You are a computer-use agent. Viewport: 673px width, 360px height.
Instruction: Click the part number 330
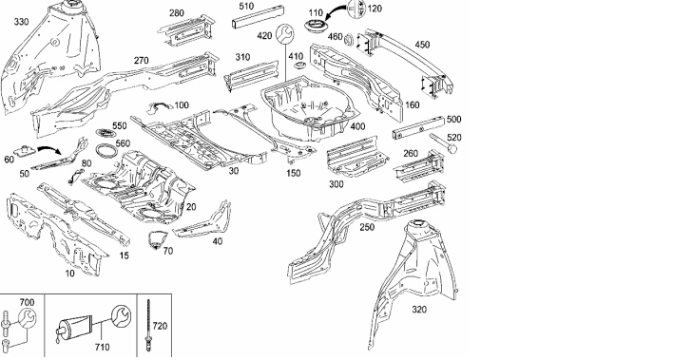(21, 22)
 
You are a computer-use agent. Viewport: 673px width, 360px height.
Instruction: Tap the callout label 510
(246, 7)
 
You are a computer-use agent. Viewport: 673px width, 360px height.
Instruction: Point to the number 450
(422, 45)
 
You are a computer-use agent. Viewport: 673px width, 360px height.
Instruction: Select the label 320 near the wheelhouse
(419, 310)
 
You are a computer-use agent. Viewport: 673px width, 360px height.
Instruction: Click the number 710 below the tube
(102, 347)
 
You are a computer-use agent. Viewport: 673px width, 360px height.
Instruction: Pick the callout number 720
(160, 326)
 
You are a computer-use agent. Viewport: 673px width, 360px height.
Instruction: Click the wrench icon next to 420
(284, 33)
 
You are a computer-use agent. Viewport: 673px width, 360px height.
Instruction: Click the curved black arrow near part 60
(50, 150)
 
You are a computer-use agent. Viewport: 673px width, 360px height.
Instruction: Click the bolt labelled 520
(443, 142)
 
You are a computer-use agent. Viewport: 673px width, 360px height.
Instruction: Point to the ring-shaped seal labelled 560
(106, 151)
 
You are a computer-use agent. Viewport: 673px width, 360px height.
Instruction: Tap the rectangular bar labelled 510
(258, 17)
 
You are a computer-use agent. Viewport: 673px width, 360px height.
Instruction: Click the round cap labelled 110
(315, 25)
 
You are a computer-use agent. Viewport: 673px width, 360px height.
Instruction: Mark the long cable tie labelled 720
(149, 325)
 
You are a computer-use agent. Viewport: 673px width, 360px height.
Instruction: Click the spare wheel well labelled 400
(309, 107)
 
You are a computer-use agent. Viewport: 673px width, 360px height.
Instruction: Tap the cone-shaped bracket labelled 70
(156, 239)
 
